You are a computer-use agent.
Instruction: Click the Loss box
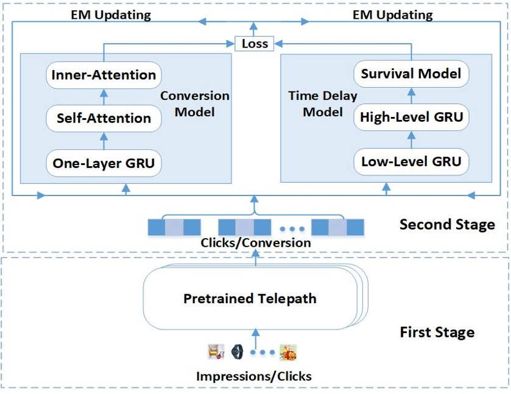pos(255,44)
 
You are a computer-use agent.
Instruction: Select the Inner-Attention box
pos(104,75)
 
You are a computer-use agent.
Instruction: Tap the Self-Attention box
pos(104,118)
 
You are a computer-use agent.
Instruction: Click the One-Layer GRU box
pos(104,163)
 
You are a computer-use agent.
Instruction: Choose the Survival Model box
pos(411,74)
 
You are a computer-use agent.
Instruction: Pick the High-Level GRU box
pos(411,117)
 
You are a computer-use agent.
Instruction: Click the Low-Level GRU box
pos(411,162)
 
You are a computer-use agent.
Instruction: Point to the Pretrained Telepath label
pos(250,299)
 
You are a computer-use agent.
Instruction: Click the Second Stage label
pos(447,225)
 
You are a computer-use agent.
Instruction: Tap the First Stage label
pos(437,332)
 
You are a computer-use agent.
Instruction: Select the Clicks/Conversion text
pos(256,243)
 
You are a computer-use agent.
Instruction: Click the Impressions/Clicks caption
pos(254,376)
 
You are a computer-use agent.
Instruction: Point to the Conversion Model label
pos(194,104)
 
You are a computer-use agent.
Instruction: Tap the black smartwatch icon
pos(238,351)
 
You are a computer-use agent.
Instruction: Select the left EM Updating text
pos(111,15)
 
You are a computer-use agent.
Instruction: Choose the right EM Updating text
pos(393,15)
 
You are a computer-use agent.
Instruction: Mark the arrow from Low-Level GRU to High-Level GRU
pos(411,139)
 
